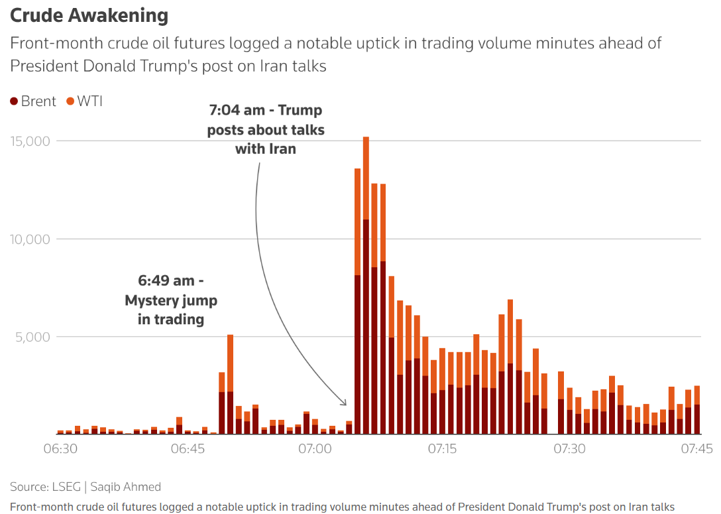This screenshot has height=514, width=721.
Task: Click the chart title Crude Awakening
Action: (89, 16)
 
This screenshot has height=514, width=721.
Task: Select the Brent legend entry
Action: (33, 101)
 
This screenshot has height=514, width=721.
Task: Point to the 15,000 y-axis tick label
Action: (30, 141)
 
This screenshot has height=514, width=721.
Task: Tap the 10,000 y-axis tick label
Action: (30, 239)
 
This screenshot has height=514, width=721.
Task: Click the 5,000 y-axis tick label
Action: (32, 337)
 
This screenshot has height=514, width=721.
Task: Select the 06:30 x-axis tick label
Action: (60, 449)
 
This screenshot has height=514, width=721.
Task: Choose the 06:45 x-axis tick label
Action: (188, 449)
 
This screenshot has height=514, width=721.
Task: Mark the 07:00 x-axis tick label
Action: (315, 449)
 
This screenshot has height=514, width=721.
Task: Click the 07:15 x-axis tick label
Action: (442, 449)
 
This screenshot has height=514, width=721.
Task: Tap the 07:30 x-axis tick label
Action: (569, 449)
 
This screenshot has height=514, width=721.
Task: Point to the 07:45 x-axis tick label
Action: (696, 449)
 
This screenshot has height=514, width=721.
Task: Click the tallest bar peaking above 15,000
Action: (366, 285)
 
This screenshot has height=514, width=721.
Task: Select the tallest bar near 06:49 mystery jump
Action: (230, 385)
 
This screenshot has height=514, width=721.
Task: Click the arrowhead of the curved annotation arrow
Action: (345, 403)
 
